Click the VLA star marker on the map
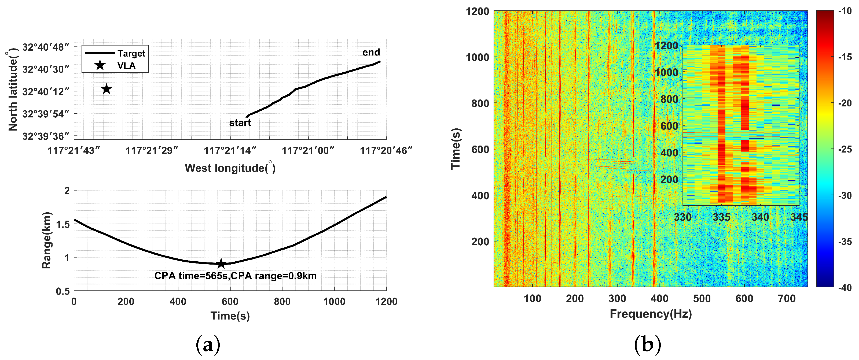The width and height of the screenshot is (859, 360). coord(107,89)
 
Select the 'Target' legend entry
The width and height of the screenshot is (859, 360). coord(115,53)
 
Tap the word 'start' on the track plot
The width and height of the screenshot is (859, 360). coord(240,123)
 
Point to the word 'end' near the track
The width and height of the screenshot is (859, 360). coord(371,53)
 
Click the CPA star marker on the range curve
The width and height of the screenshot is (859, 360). coord(221,264)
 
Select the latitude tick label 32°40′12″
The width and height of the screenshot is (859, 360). coord(46,91)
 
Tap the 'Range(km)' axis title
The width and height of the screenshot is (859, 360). coord(47,240)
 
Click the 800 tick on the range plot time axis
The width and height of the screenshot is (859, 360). coord(282,302)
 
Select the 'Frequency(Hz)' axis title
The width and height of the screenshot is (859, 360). coord(651,314)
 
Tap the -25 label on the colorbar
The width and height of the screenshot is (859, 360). coord(845,149)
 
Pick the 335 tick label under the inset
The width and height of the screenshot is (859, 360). coord(721,217)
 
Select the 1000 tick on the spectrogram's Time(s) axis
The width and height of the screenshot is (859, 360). coord(477,57)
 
